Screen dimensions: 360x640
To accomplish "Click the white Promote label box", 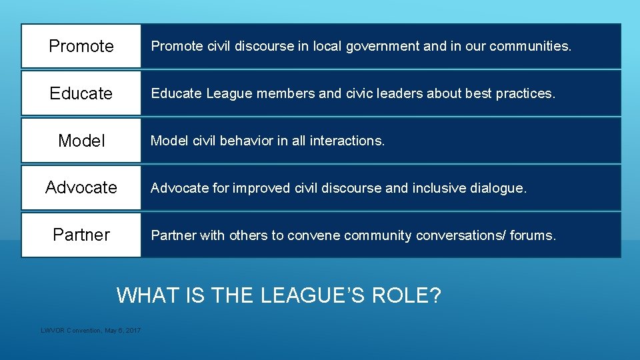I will [81, 46].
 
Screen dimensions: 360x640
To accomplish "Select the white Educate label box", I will [81, 93].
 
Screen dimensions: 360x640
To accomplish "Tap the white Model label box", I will [81, 141].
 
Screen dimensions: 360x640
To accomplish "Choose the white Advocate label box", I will [81, 188].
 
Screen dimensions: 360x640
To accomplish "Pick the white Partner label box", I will [81, 235].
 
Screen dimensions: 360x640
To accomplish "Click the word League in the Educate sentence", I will [227, 94].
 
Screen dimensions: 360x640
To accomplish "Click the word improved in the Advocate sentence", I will [264, 189].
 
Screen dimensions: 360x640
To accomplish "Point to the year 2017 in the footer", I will [133, 331].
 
